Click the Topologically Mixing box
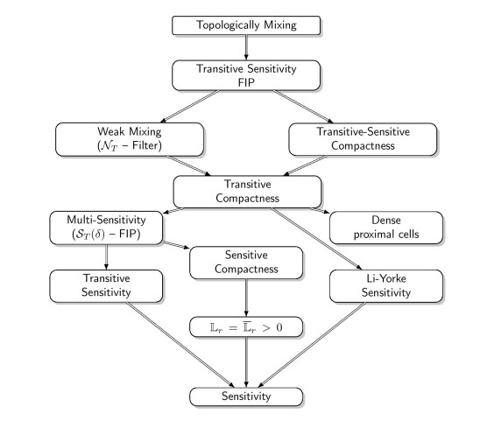point(246,25)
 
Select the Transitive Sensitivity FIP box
point(246,75)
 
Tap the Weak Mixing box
point(130,139)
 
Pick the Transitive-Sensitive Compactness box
point(363,139)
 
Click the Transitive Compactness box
point(247,192)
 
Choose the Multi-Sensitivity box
point(106,228)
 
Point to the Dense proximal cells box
point(386,228)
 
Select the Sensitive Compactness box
point(246,263)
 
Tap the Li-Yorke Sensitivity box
point(386,286)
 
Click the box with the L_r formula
point(246,327)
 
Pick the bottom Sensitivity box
point(246,396)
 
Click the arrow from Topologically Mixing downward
point(246,47)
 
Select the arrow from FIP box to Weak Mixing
point(189,107)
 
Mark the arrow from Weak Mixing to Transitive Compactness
point(189,165)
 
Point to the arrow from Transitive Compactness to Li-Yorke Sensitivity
point(316,238)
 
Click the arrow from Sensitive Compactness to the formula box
point(246,298)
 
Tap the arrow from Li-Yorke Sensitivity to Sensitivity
point(312,345)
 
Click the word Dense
point(386,220)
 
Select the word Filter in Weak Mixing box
point(145,145)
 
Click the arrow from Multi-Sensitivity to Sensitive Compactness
point(176,245)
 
